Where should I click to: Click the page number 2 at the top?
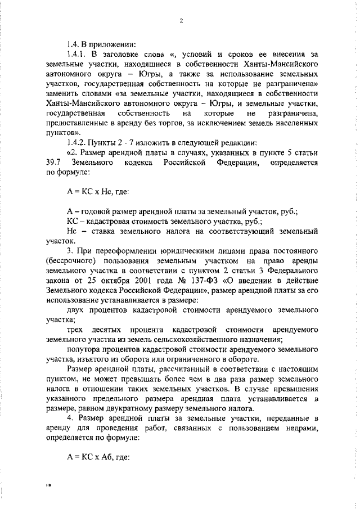181,21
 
